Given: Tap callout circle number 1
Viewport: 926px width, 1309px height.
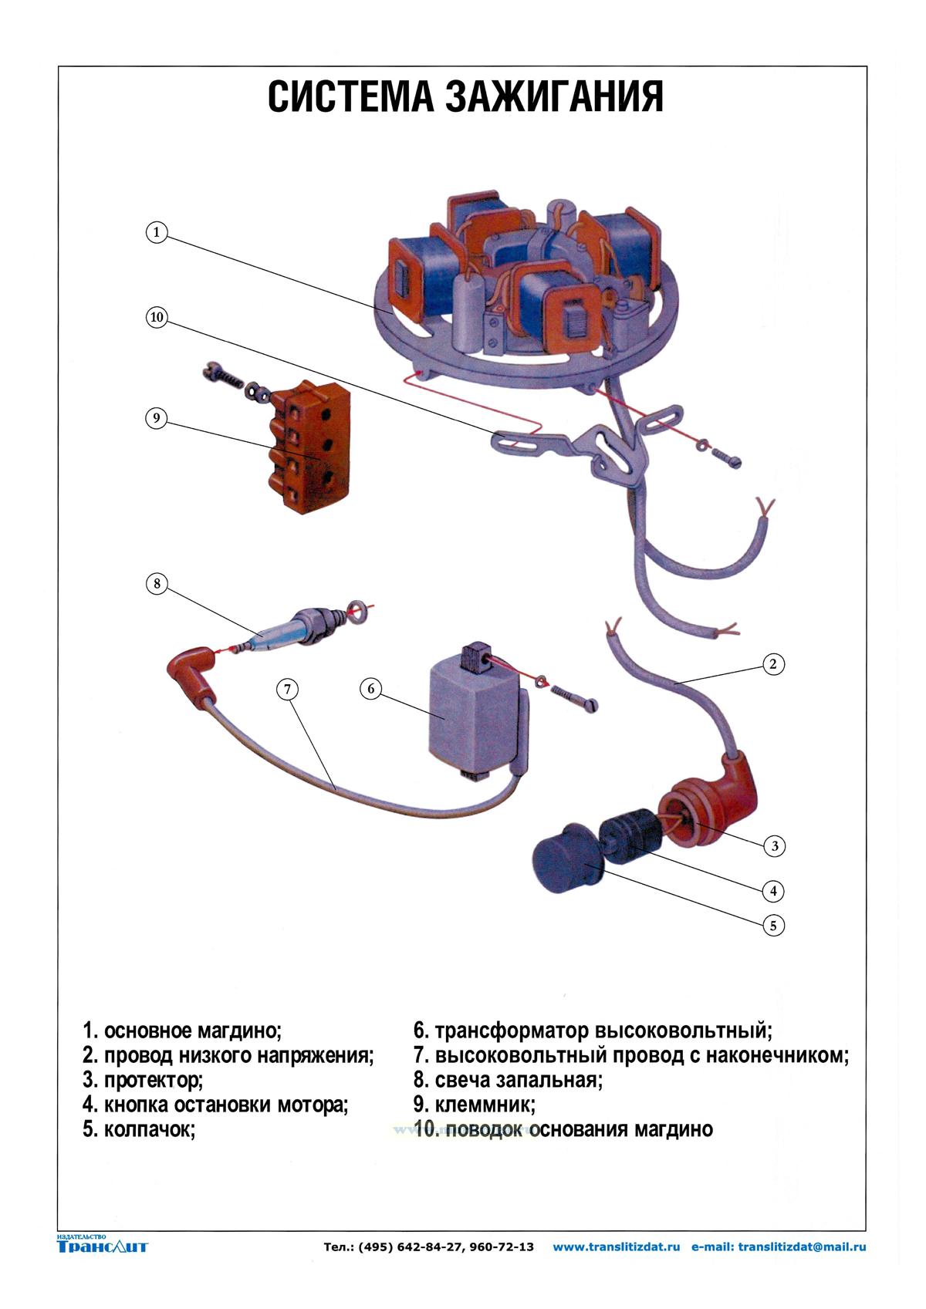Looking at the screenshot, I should click(x=157, y=232).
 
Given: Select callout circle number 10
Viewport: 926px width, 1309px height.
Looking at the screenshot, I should click(x=157, y=318).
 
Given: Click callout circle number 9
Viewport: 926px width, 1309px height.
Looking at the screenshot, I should click(x=157, y=418).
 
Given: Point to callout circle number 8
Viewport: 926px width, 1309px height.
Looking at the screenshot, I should click(x=157, y=583).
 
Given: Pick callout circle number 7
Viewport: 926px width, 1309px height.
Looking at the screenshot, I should click(x=287, y=689).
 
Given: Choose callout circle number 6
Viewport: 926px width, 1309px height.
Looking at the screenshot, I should click(x=371, y=688).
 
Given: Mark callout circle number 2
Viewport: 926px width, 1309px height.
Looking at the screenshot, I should click(x=773, y=664).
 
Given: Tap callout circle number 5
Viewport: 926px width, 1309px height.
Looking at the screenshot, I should click(x=773, y=925).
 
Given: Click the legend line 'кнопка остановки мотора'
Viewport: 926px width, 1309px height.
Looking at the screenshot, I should click(x=216, y=1105).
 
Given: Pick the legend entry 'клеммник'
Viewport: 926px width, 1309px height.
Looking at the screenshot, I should click(x=475, y=1105).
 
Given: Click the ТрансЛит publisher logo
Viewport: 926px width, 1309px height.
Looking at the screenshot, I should click(x=102, y=1245).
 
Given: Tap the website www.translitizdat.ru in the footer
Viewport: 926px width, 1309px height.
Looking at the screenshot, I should click(x=617, y=1247).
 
